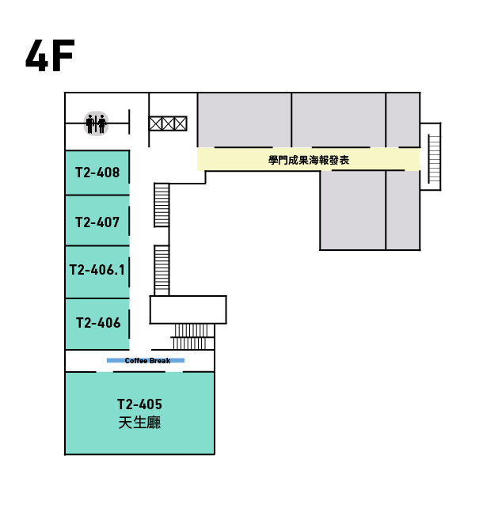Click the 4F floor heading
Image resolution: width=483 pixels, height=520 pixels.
(x=50, y=55)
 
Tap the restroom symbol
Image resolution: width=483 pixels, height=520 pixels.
(x=96, y=123)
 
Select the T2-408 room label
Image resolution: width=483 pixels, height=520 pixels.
(x=97, y=173)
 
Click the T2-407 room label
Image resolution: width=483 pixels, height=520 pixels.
(x=97, y=222)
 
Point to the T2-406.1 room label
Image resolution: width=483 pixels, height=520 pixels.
(x=97, y=270)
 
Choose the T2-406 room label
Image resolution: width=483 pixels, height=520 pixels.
(x=98, y=323)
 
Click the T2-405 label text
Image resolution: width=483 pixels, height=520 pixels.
(x=139, y=404)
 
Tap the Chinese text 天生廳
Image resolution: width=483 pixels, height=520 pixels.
(x=139, y=423)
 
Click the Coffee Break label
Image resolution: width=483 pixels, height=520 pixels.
(x=147, y=360)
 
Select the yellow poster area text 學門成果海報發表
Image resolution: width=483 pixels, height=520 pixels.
(x=309, y=160)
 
